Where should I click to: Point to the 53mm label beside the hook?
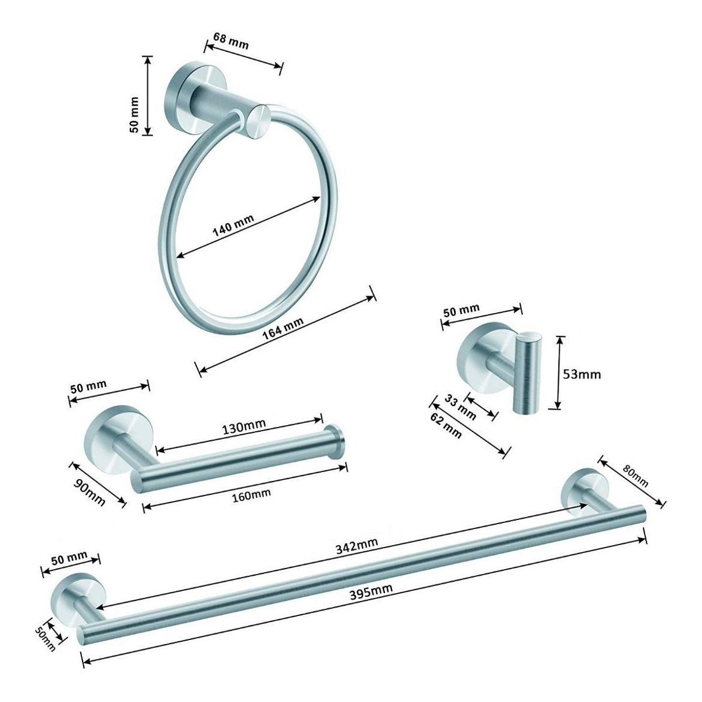(582, 373)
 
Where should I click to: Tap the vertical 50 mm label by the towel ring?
(135, 114)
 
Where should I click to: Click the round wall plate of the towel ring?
(180, 94)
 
